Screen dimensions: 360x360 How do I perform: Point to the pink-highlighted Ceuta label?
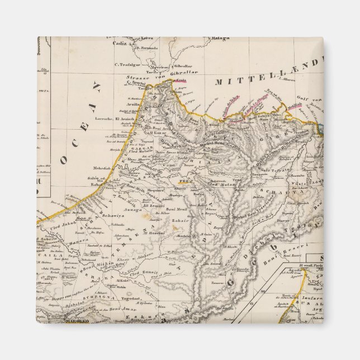point(181,81)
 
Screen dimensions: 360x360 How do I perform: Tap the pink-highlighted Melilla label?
point(295,105)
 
